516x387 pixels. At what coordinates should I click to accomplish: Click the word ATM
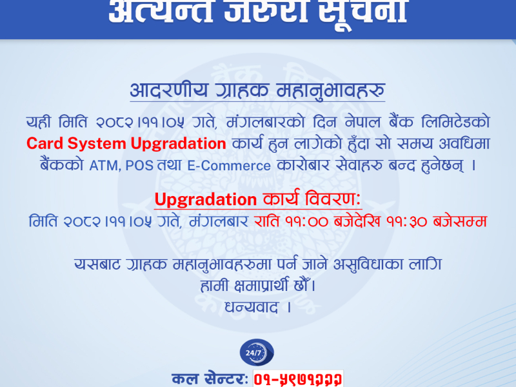[104, 166]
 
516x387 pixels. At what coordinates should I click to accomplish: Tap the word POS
[139, 166]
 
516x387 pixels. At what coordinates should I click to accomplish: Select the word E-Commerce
[228, 166]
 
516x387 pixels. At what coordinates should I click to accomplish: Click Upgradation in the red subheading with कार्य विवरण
[206, 197]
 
